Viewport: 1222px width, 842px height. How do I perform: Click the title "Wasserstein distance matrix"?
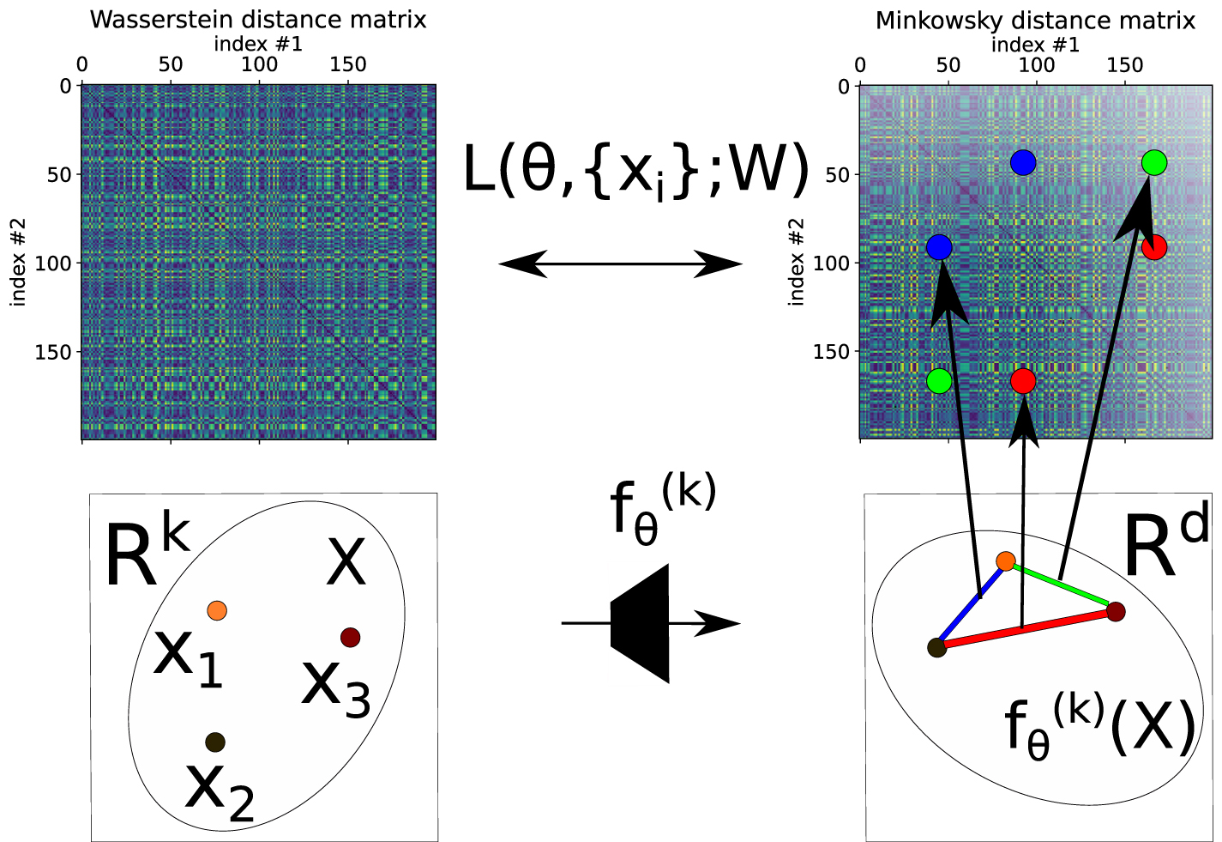tap(257, 19)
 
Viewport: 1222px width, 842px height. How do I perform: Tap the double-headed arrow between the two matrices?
tap(619, 264)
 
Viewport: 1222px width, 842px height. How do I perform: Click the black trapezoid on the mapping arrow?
tap(641, 623)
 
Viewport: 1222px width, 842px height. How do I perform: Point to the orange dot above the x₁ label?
tap(216, 610)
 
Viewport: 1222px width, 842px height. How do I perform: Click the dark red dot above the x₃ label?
tap(350, 637)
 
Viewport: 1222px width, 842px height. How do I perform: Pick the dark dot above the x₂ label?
tap(215, 742)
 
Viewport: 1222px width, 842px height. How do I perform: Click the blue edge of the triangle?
tap(970, 604)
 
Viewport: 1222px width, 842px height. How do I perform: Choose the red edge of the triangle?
tap(1026, 630)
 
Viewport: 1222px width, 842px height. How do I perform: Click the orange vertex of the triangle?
tap(1006, 561)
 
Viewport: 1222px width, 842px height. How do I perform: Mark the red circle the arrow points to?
tap(1023, 381)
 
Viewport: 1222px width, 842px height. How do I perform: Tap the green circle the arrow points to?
tap(1154, 162)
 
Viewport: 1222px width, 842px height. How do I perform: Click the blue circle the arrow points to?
tap(940, 247)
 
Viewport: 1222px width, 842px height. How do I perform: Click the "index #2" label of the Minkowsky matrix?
tap(797, 262)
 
